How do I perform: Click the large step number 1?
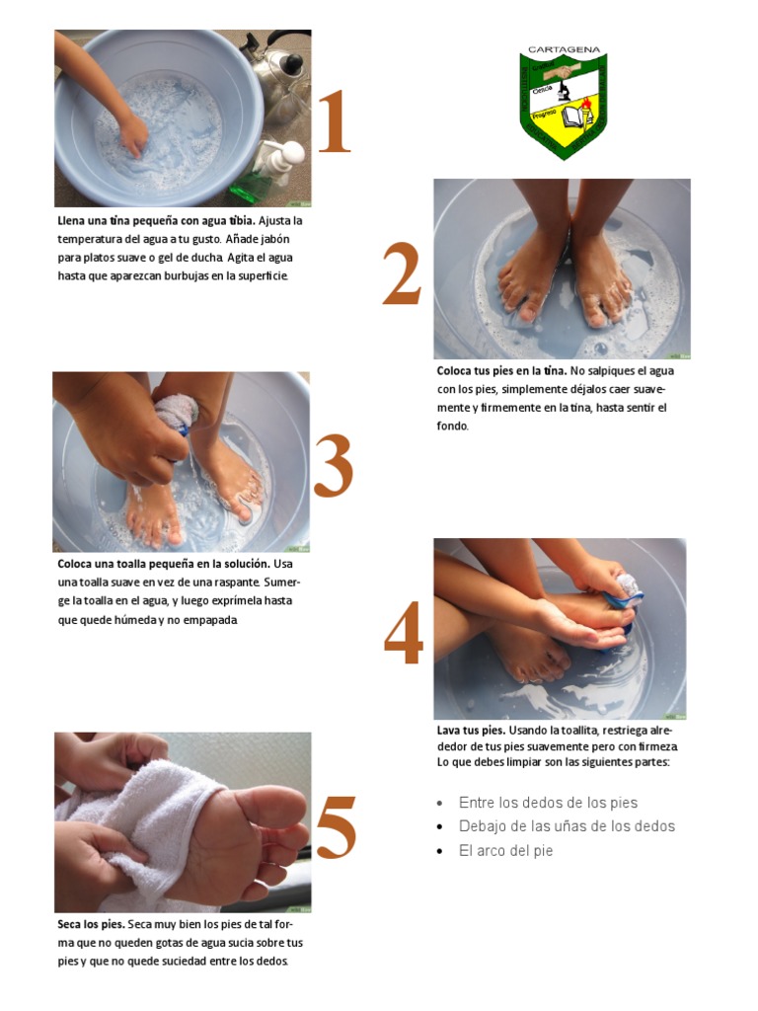click(335, 121)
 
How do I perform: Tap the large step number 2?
click(403, 273)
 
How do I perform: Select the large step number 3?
click(334, 465)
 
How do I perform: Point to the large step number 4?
click(404, 632)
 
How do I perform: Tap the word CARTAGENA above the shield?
click(564, 49)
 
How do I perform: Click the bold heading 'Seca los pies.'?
click(91, 924)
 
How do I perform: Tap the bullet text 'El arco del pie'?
click(506, 850)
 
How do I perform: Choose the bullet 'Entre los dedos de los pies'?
click(548, 803)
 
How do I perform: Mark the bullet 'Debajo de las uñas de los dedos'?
click(568, 826)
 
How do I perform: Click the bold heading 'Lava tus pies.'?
click(471, 731)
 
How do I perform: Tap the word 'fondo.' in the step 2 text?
click(452, 426)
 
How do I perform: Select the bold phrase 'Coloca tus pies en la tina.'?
click(501, 371)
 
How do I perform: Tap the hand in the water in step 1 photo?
click(134, 136)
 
